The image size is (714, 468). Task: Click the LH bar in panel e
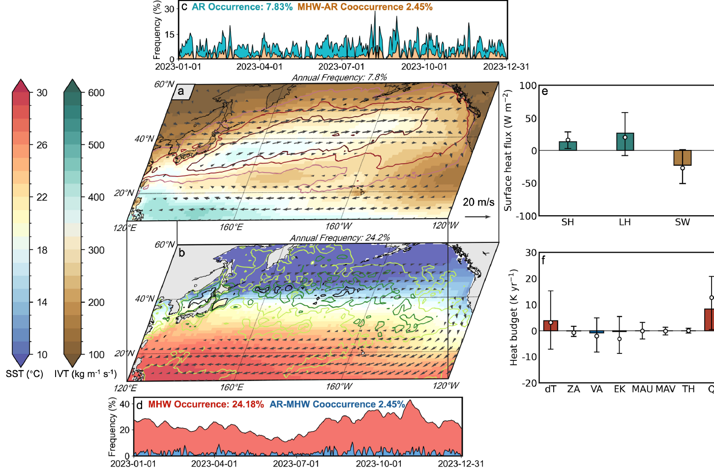click(x=625, y=142)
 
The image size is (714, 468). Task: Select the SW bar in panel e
click(x=683, y=158)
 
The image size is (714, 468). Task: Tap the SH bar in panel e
click(x=567, y=146)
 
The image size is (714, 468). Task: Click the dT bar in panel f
click(x=551, y=325)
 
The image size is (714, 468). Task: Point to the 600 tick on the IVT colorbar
click(x=96, y=93)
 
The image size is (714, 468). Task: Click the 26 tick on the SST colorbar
click(x=42, y=145)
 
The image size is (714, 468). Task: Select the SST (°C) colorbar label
click(x=25, y=374)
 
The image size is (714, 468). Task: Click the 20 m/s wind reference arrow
click(x=477, y=216)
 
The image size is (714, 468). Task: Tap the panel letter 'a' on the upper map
click(x=181, y=91)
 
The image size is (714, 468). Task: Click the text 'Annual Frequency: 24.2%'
click(x=340, y=238)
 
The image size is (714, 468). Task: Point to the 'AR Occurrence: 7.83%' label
click(x=242, y=7)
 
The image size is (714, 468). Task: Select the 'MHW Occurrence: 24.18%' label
click(x=206, y=405)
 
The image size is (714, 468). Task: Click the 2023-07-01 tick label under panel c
click(x=341, y=67)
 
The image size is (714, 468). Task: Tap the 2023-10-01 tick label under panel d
click(x=379, y=464)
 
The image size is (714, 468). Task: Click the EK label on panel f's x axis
click(x=620, y=389)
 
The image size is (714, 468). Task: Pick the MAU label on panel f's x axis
click(x=642, y=389)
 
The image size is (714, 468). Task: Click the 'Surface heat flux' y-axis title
click(x=508, y=150)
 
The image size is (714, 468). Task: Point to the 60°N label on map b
click(x=165, y=245)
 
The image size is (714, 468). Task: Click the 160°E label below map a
click(x=231, y=227)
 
